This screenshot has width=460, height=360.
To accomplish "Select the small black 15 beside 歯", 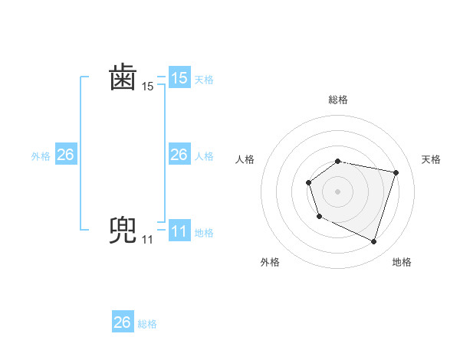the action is click(147, 87).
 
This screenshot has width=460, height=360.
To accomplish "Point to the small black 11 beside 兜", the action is click(147, 240).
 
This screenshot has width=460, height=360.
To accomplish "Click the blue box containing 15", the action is click(179, 78).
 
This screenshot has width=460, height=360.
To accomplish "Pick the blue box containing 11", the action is click(179, 231).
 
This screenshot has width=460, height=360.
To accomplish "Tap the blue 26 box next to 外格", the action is click(65, 155).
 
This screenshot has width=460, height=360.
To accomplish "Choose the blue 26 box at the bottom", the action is click(122, 322).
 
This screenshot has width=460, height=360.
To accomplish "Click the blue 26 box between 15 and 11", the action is click(179, 155).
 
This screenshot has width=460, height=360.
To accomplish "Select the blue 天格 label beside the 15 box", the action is click(204, 79).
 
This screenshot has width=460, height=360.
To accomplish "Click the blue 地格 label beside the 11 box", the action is click(204, 232).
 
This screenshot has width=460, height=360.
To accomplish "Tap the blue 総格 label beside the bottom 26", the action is click(147, 324).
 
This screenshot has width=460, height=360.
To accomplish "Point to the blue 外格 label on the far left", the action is click(41, 155).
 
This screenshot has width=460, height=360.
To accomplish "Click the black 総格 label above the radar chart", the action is click(338, 100).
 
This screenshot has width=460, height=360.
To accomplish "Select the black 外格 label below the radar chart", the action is click(270, 262).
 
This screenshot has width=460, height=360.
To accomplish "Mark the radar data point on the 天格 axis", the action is click(396, 172).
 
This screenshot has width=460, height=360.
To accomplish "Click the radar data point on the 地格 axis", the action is click(373, 241).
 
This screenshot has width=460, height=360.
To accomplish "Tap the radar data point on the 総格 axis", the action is click(338, 161).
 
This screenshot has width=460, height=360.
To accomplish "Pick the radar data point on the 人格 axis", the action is click(308, 182).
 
